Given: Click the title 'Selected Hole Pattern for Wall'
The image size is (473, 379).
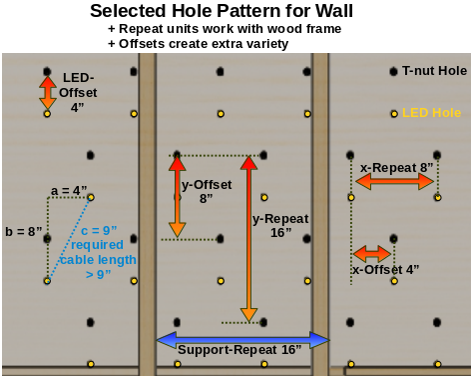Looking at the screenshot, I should pos(236,11).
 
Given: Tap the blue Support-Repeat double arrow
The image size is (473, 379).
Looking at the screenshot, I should pos(242,340).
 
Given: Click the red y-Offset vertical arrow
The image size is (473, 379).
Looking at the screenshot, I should pos(177,197).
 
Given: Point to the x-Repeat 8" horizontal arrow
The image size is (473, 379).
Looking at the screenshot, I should pos(395,181).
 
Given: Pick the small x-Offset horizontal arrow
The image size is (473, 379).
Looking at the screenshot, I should pos(372,254).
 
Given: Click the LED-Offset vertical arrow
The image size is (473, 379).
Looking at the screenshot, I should pos(47,92).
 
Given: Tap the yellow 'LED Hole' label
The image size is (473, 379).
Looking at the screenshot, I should pos(431,113).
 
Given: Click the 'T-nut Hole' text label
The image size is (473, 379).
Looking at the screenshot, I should pos(434,71).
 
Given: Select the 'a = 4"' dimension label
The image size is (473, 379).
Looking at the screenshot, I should pos(70,190).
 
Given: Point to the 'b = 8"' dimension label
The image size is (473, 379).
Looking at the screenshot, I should pos(24,231).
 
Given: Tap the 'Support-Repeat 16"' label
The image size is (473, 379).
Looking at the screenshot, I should pos(239,350).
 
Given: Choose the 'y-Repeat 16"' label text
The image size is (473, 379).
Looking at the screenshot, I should pos(280,225).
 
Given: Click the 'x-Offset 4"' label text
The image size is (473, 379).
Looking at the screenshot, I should pos(385,269).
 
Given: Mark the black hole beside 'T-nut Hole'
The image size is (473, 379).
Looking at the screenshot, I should pos(393,71).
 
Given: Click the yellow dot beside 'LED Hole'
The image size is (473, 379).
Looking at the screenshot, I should pos(394,113).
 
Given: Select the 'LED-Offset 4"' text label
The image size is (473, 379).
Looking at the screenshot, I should pos(79,92).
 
